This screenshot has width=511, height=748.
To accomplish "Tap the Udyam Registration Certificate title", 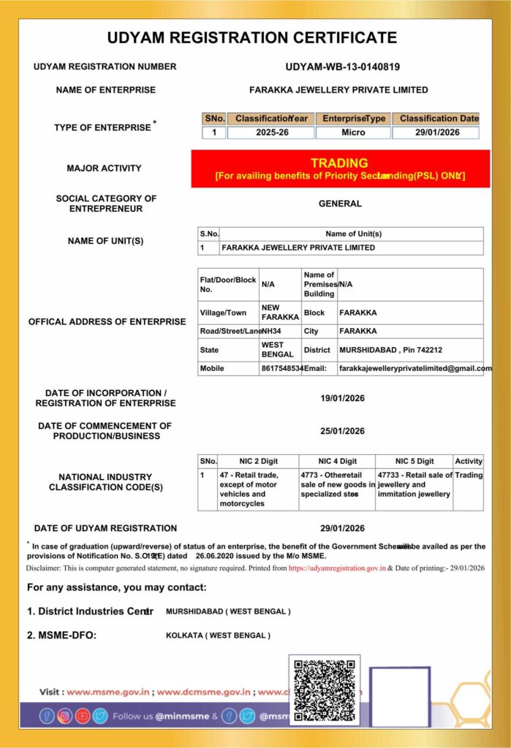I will (x=252, y=38).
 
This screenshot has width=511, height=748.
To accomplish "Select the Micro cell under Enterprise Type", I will (x=353, y=133).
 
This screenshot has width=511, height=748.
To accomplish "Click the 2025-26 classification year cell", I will (x=270, y=133).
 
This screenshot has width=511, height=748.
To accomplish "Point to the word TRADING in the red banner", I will (x=339, y=163).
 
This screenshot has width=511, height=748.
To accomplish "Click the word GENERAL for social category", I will (x=340, y=204).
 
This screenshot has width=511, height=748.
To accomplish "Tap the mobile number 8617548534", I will (x=281, y=369).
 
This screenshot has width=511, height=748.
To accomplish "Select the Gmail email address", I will (x=415, y=369).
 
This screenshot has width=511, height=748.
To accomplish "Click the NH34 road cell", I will (x=271, y=331).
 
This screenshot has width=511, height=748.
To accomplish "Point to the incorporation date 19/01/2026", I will (x=342, y=398).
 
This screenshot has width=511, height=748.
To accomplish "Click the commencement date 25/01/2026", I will (x=342, y=431).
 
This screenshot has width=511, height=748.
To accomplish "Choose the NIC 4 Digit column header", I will (x=337, y=461).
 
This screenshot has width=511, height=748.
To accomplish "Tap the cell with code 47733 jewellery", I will (x=414, y=484).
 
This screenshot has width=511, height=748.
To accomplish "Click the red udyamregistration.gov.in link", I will (x=337, y=568).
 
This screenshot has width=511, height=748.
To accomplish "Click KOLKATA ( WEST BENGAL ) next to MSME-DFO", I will (x=218, y=636).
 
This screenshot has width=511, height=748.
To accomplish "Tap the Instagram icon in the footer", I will (x=64, y=716).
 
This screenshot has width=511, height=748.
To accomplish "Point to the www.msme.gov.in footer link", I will (x=108, y=691).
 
